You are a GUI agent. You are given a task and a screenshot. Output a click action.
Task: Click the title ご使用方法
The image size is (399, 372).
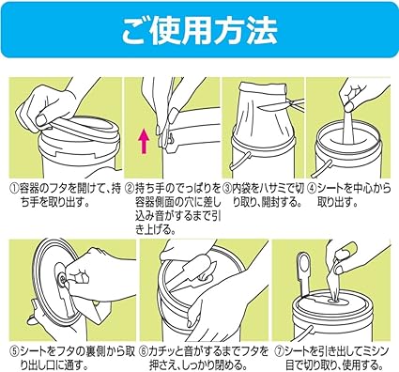point(199,30)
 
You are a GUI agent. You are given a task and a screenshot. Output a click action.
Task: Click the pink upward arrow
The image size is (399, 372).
point(144,142)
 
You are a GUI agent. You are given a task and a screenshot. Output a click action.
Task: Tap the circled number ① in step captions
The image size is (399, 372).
point(13,189)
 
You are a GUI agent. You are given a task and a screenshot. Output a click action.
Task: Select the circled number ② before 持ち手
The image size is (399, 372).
point(130,189)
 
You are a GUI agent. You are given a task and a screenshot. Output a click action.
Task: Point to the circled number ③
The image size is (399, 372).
point(226,189)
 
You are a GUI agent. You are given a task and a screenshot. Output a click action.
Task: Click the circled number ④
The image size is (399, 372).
point(312,189)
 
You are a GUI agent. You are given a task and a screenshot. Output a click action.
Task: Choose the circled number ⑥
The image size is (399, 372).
point(144,351)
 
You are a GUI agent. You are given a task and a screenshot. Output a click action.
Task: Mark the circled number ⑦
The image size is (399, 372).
point(280,351)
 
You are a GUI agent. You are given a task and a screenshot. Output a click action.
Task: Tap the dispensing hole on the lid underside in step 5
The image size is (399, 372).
point(61,279)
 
